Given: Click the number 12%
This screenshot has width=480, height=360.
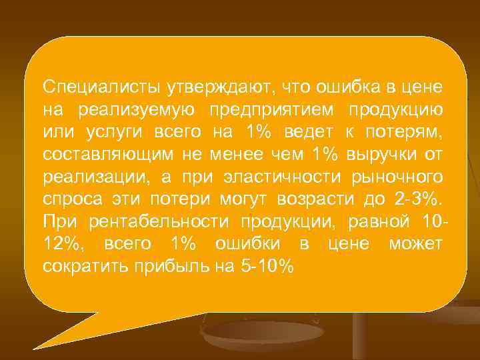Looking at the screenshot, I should coord(62,245).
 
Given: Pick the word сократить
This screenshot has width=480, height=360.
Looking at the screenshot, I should coord(87,267).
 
